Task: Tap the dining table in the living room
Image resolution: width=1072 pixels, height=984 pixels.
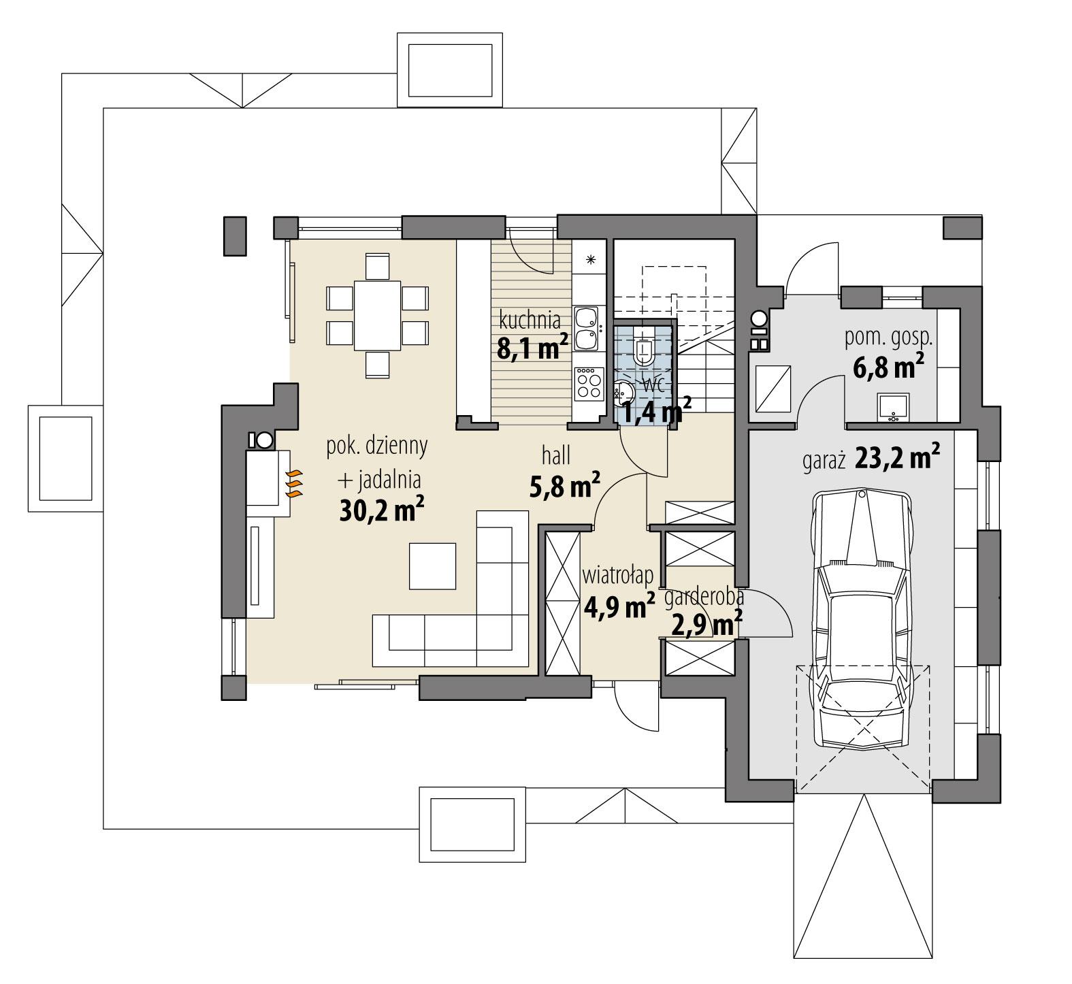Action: click(x=376, y=314)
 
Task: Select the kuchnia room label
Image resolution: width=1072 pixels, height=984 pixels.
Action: click(x=530, y=319)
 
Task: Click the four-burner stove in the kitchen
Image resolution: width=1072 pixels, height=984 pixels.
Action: click(x=589, y=383)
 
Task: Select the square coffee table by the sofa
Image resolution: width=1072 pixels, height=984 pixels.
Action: click(x=432, y=565)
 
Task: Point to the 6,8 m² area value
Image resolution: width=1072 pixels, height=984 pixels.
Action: click(x=888, y=367)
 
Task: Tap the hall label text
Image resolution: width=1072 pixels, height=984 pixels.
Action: click(x=556, y=455)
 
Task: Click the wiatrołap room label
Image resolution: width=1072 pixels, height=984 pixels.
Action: click(x=618, y=576)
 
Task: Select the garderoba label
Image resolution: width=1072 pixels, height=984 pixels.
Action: click(x=704, y=598)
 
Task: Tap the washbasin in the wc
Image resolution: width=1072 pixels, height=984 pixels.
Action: click(x=623, y=391)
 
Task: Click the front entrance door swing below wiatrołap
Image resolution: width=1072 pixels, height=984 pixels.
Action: click(x=635, y=708)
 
